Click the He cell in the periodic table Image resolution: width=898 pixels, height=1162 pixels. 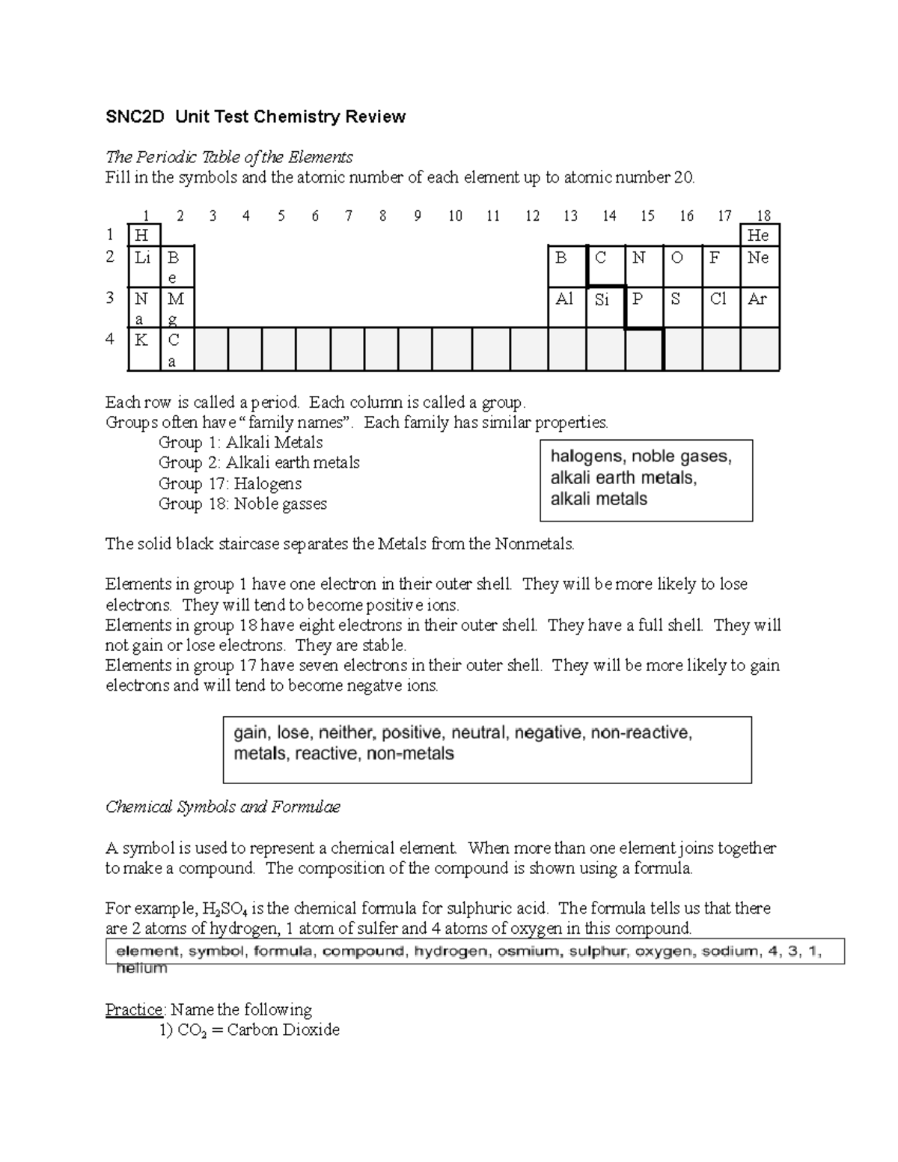(759, 235)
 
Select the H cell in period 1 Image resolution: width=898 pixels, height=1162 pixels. (143, 235)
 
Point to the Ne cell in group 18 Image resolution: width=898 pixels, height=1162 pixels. (759, 265)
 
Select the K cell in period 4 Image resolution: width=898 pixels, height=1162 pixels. (143, 349)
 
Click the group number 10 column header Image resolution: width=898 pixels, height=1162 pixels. (455, 216)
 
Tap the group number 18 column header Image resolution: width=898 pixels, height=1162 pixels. (763, 216)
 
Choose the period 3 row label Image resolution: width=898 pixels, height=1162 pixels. (111, 298)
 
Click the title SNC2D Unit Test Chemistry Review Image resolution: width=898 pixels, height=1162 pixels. (255, 117)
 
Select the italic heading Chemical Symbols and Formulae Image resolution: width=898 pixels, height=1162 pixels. (222, 807)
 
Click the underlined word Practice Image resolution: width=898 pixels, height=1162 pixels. (134, 1009)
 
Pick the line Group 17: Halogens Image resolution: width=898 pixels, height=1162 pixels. (230, 483)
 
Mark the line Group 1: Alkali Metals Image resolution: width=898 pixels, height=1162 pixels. (240, 442)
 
